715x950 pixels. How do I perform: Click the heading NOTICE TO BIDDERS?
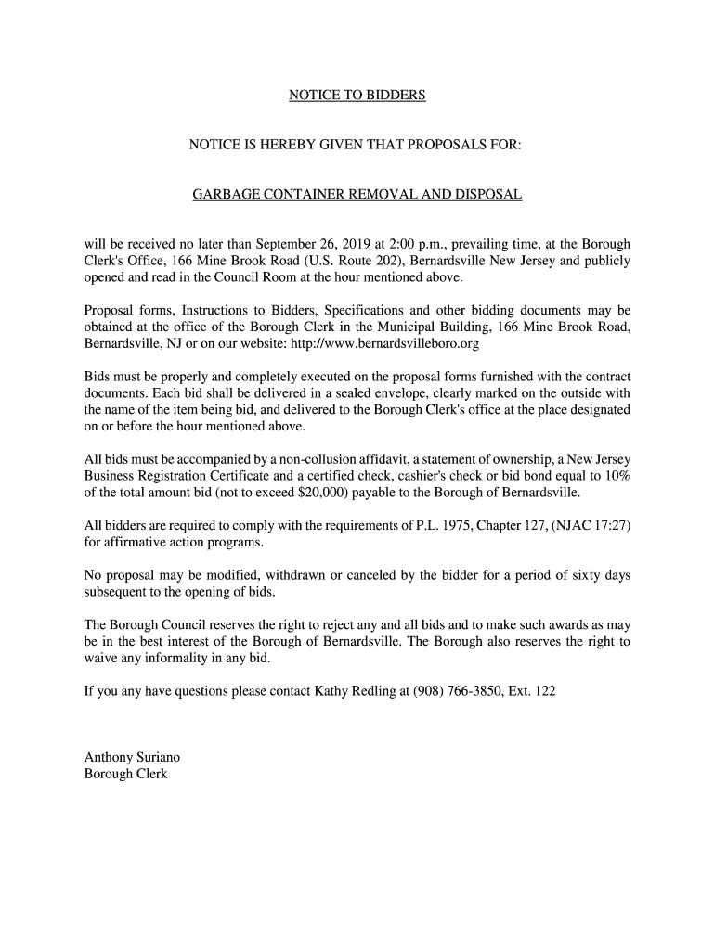tap(357, 96)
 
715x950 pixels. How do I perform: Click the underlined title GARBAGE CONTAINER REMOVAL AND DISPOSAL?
tap(357, 195)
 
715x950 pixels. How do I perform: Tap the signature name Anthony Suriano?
tap(126, 757)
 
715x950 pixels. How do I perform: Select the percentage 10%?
tap(617, 475)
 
